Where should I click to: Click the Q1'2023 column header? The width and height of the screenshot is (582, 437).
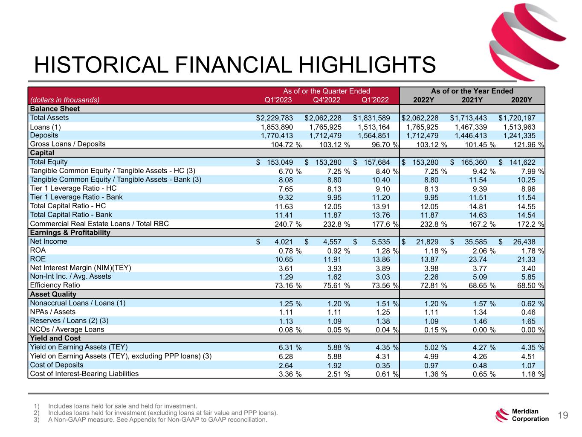coord(278,100)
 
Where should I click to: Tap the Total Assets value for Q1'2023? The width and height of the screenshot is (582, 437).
coord(275,118)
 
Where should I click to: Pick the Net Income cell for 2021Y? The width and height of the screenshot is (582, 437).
coord(469,242)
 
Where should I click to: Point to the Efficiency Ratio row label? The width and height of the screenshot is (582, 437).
coord(55,285)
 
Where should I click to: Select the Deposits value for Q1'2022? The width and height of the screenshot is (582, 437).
coord(374,136)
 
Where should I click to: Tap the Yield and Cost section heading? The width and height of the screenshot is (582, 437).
coord(55,338)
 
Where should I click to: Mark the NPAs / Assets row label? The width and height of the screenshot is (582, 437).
coord(52,312)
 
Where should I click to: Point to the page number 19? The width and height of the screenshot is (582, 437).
coord(563,415)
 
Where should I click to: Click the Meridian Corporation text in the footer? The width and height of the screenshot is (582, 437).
coord(530,415)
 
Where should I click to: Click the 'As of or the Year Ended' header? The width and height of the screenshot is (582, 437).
coord(472,91)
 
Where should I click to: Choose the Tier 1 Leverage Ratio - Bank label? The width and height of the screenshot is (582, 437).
coord(76,197)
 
